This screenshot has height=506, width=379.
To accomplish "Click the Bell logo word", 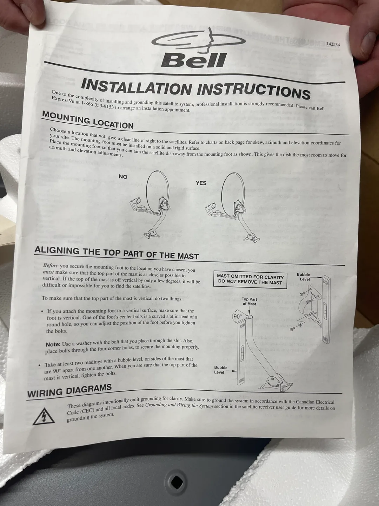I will [194, 60].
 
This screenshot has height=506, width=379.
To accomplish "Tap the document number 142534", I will [333, 44].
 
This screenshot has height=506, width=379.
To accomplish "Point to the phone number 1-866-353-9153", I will [97, 105].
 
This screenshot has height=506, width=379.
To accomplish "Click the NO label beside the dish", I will [123, 177].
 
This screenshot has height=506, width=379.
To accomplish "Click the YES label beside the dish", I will [201, 183].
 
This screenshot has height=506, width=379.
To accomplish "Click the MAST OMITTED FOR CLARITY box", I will [250, 280].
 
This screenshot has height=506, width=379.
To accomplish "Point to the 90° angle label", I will [238, 317].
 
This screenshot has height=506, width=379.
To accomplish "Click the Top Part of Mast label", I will [249, 302].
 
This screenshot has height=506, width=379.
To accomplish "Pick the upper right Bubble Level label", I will [304, 277].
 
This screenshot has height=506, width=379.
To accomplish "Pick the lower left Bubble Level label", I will [221, 370].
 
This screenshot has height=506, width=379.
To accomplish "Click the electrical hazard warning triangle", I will [44, 416].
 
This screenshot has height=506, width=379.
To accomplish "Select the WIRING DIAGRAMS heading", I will [69, 391].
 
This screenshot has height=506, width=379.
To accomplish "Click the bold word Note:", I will [53, 344].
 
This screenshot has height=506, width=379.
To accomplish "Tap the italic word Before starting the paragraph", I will [51, 266].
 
